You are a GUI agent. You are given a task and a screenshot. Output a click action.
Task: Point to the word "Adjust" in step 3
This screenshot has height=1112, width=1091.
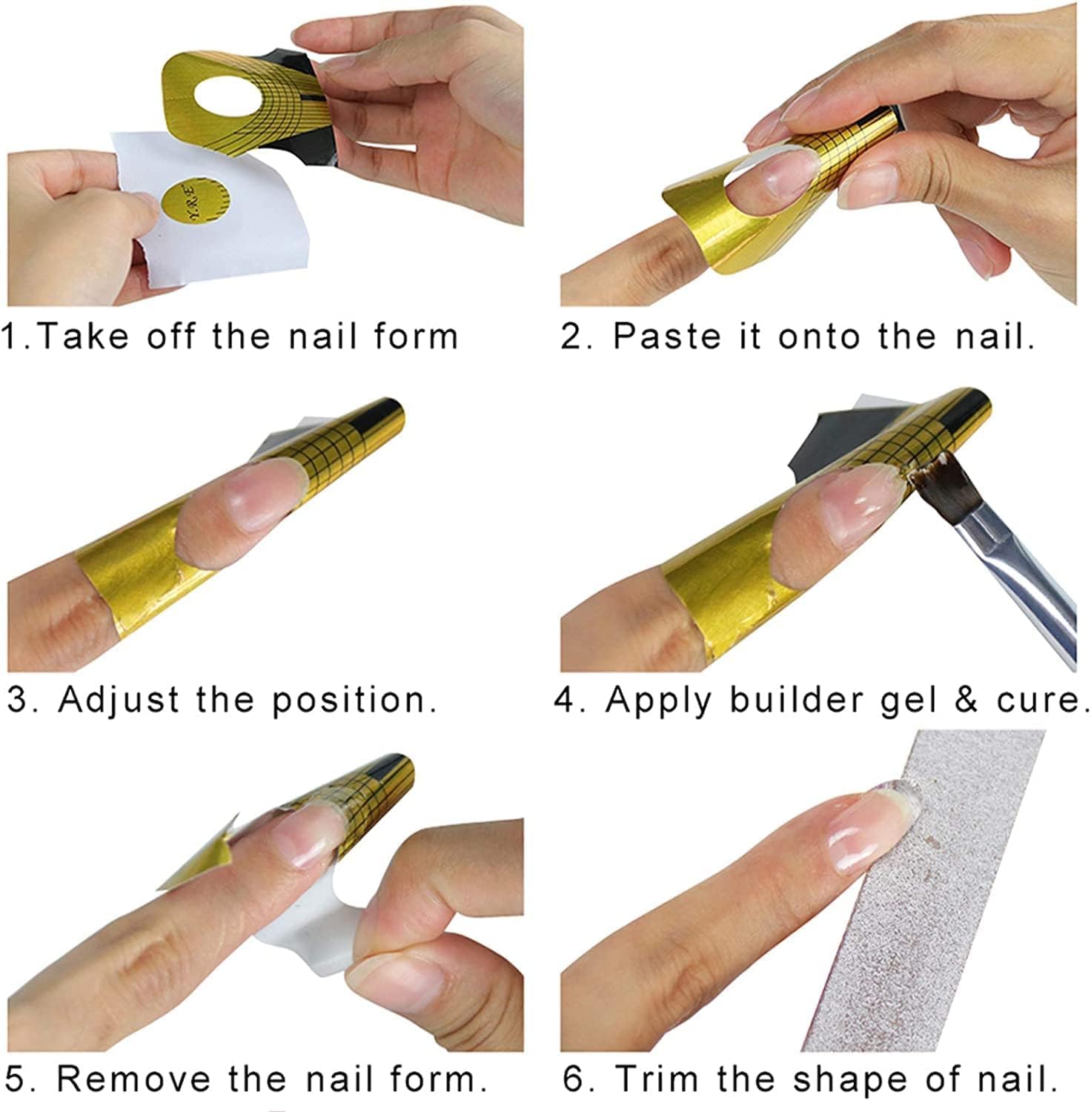click(119, 701)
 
